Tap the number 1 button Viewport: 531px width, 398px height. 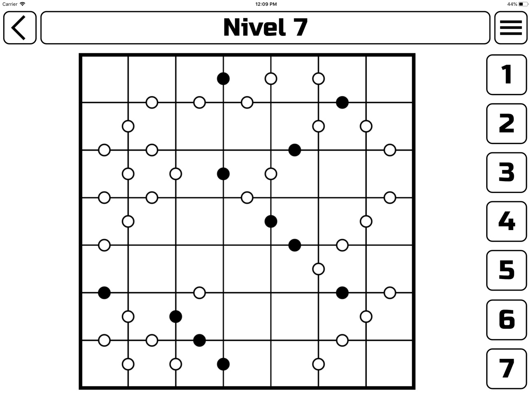[506, 75]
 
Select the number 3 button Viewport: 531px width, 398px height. [506, 172]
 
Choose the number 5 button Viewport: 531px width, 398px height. [506, 270]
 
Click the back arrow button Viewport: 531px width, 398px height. [20, 28]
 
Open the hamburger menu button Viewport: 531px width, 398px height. [511, 28]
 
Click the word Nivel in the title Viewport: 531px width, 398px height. [254, 27]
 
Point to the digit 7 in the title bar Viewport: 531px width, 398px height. [300, 27]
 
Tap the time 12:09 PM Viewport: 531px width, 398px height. [266, 4]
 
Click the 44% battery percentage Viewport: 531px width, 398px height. [512, 4]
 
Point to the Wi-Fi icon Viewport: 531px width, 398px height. [23, 4]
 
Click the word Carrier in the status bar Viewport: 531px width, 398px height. [10, 4]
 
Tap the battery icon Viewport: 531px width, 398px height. [523, 4]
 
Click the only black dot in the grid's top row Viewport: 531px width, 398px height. [223, 79]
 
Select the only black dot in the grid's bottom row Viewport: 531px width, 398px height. [223, 364]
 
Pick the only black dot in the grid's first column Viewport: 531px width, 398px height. [104, 293]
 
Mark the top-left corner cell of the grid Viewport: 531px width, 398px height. [105, 79]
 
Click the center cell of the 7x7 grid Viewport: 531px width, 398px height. [247, 221]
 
